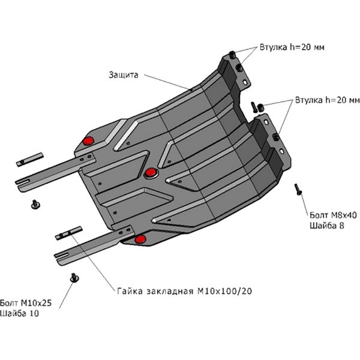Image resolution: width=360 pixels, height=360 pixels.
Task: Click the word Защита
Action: point(124,76)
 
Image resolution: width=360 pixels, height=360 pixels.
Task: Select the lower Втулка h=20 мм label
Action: point(327,99)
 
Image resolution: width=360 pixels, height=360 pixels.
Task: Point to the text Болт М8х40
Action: point(332,214)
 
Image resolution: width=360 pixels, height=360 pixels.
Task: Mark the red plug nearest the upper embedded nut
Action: point(89,140)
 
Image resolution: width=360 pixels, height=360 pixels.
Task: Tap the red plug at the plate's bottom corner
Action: point(140,240)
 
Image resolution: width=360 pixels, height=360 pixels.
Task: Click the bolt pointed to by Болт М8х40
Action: point(298,189)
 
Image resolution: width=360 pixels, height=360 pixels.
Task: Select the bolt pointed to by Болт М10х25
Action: point(74,277)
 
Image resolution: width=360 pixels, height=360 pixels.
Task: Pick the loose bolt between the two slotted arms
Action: point(35,205)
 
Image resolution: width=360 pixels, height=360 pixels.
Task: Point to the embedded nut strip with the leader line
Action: point(69,233)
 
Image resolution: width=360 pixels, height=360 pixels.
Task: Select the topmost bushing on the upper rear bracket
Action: point(232,55)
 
